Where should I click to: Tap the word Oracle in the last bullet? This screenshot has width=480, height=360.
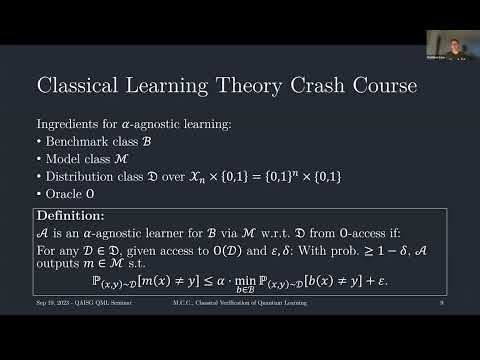pos(62,194)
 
